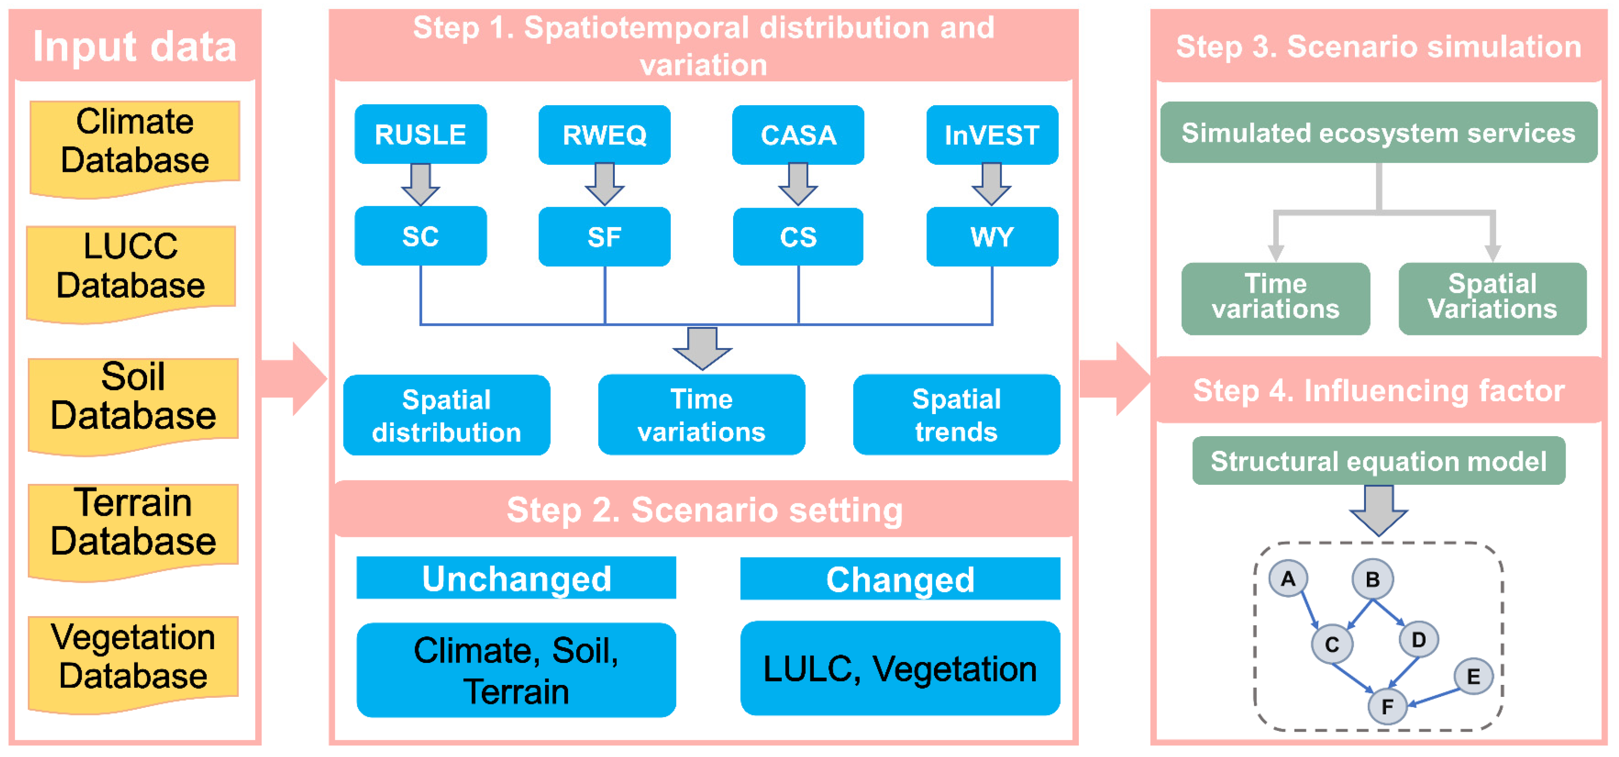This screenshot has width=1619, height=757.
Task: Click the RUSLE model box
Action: tap(420, 134)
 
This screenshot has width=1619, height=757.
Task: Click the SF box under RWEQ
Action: tap(604, 237)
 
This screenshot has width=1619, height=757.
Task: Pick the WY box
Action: tap(992, 237)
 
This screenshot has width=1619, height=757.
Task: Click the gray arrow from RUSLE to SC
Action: tap(420, 184)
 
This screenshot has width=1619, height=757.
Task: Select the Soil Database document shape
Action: tap(133, 403)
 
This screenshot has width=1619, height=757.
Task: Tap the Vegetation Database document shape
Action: tap(133, 660)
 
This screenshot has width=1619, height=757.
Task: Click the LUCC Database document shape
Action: tap(131, 270)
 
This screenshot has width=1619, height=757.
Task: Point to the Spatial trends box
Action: tap(956, 415)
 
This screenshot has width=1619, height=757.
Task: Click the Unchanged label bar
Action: tap(516, 578)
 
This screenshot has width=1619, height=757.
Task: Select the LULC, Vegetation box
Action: tap(900, 668)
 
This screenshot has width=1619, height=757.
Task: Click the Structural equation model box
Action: tap(1378, 461)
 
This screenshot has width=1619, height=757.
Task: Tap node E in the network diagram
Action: tap(1473, 677)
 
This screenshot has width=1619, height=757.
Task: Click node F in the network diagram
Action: tap(1387, 706)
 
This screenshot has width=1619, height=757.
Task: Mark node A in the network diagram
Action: tap(1288, 578)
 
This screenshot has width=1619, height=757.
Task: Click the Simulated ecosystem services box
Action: tap(1378, 133)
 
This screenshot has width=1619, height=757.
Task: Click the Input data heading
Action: tap(135, 46)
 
